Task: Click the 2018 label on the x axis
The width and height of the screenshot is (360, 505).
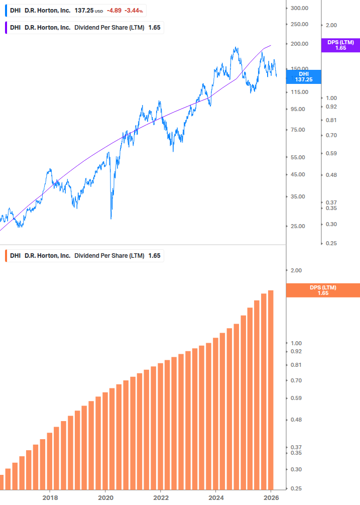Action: click(50, 497)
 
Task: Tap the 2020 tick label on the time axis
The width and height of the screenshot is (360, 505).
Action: click(105, 497)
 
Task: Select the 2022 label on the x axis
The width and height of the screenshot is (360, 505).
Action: click(160, 497)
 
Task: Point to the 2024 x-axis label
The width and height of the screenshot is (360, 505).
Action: click(215, 497)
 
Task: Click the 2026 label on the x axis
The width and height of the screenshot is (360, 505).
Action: click(271, 497)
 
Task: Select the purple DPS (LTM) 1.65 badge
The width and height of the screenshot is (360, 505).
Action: click(340, 45)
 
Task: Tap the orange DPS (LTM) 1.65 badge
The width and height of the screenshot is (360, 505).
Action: click(322, 290)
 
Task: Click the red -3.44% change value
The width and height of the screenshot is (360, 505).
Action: click(134, 11)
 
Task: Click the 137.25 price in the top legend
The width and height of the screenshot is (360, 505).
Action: click(83, 11)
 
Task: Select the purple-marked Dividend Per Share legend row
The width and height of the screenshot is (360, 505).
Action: click(84, 28)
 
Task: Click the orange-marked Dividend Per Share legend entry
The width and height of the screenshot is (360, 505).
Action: click(84, 255)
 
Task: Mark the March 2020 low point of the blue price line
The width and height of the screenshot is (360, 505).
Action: click(110, 219)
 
